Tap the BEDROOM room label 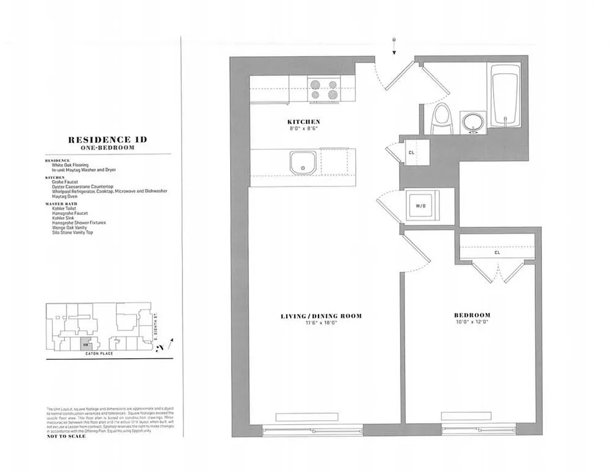472,316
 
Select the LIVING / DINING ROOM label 321,316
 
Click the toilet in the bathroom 440,119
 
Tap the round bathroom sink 472,123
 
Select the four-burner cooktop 324,90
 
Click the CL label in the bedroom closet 497,253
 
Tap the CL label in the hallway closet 412,153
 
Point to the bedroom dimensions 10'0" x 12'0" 472,322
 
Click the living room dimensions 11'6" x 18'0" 321,323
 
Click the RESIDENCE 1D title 107,140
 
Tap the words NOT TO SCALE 66,437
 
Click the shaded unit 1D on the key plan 86,342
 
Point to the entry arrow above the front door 393,47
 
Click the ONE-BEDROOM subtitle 107,148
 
